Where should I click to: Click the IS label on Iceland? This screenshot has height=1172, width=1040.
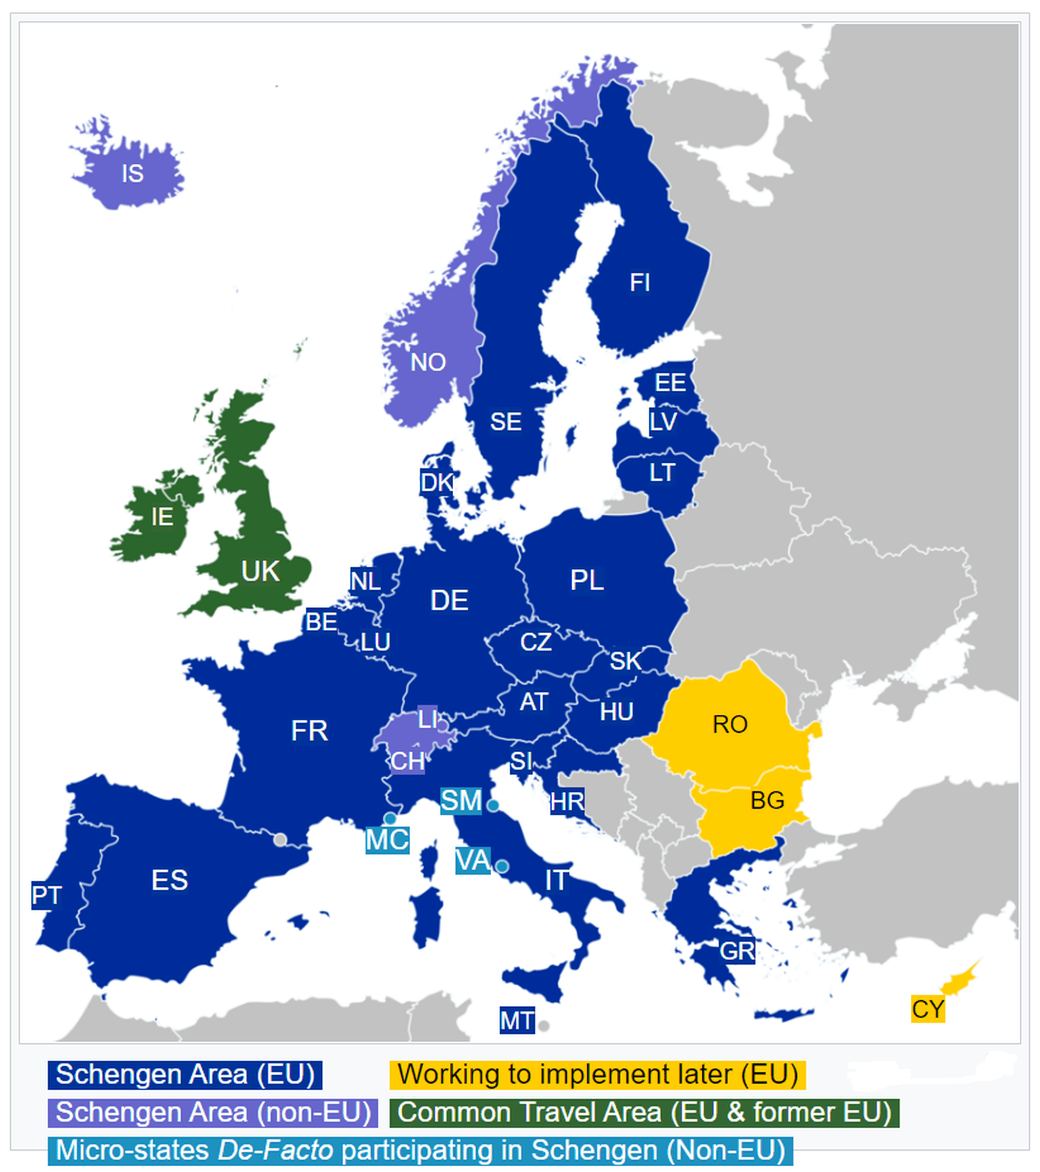(132, 173)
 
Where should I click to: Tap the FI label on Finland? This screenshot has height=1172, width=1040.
(640, 282)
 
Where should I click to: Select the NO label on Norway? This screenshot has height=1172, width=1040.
(428, 362)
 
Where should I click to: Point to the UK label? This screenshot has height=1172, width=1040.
(260, 571)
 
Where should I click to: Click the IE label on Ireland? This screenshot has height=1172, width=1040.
(162, 517)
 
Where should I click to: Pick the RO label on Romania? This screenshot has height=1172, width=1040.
(729, 724)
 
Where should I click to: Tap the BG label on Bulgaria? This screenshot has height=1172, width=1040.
(767, 800)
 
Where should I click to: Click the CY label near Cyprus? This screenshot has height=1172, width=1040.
(928, 1009)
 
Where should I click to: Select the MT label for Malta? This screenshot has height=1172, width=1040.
(516, 1020)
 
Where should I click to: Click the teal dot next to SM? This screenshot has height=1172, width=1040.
(493, 805)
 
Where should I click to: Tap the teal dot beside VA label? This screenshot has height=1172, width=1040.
(502, 866)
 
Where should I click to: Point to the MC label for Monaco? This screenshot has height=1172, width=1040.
(387, 841)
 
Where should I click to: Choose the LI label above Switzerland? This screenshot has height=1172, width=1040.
(428, 719)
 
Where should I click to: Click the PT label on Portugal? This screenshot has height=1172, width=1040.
(46, 895)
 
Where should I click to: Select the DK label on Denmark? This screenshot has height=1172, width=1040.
(436, 482)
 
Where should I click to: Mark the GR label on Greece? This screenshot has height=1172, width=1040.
(737, 951)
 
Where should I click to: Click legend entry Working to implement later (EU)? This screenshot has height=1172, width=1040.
(597, 1075)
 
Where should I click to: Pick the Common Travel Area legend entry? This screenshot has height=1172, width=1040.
(644, 1113)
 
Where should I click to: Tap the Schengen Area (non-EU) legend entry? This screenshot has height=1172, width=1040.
(213, 1113)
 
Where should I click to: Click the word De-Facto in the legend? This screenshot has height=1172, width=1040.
(276, 1150)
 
